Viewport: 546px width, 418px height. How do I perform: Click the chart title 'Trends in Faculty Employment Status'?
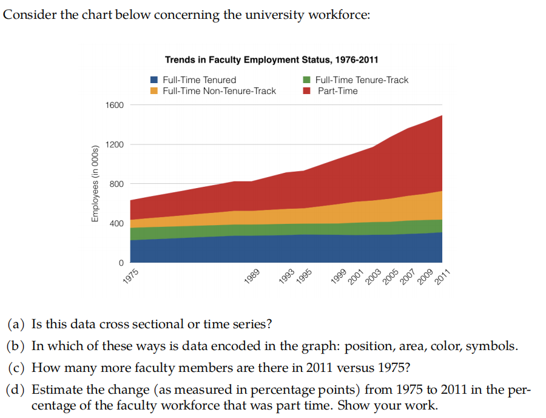[x=271, y=59]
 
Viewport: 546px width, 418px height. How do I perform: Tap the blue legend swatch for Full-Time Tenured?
[x=154, y=79]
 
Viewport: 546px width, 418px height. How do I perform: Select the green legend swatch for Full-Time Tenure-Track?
[x=307, y=79]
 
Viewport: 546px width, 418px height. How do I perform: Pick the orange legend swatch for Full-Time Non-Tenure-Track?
[x=154, y=91]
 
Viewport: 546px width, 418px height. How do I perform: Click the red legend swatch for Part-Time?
[x=307, y=91]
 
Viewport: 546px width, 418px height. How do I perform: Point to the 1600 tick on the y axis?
[x=115, y=105]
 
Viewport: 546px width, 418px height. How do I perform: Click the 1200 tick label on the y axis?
[x=115, y=144]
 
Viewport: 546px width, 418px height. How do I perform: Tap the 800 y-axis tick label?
[x=117, y=184]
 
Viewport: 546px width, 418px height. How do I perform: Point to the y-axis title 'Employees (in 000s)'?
[x=94, y=184]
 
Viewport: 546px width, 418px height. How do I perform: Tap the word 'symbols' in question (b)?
[x=495, y=346]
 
